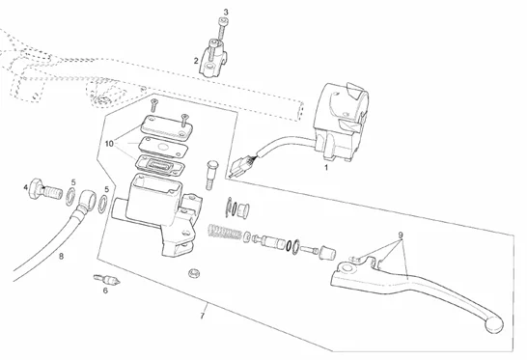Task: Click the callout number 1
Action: [325, 167]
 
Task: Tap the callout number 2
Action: [196, 60]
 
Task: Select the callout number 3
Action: [225, 13]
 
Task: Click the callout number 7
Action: [202, 316]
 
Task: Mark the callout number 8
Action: [61, 256]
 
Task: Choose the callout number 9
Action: [402, 235]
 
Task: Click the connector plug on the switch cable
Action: [241, 166]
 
